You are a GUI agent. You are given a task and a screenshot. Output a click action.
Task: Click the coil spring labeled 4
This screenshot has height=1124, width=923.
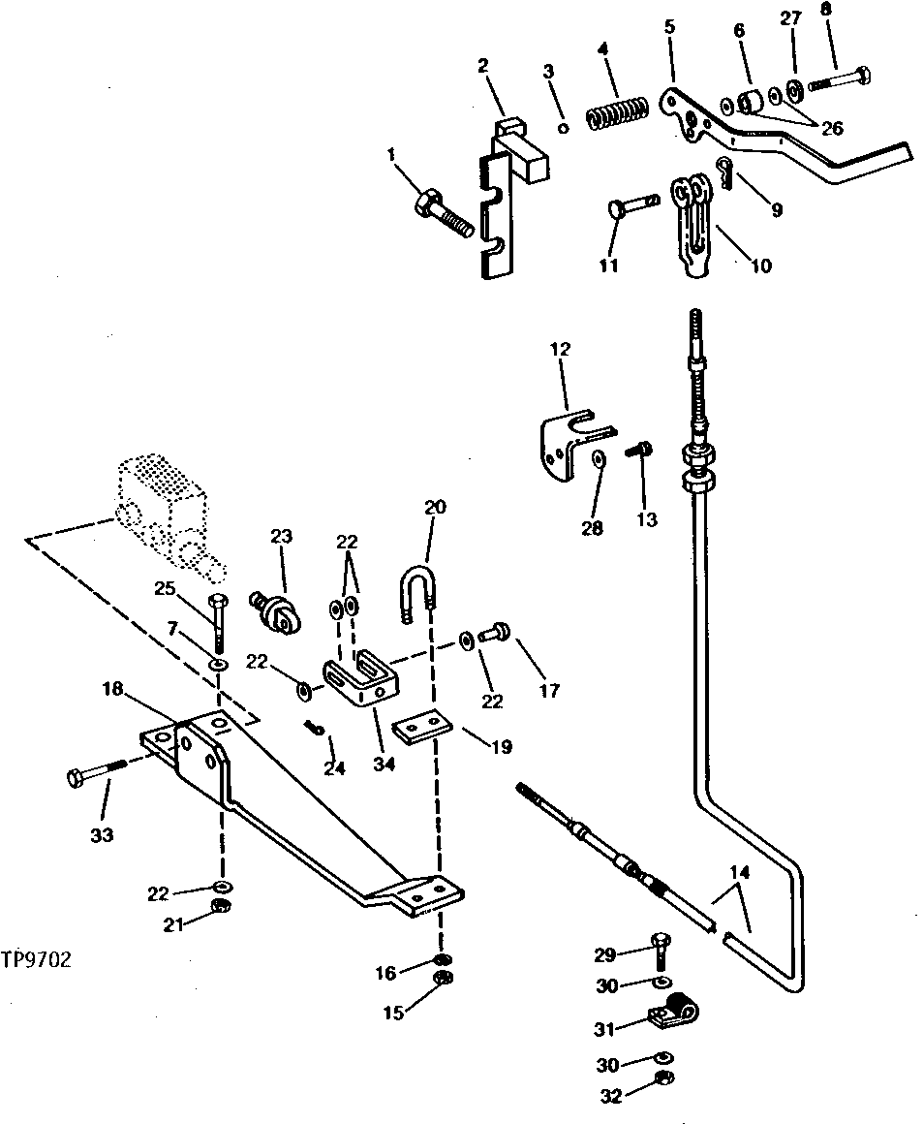(x=617, y=116)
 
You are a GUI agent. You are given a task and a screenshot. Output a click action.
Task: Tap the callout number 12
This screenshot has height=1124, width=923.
(x=562, y=348)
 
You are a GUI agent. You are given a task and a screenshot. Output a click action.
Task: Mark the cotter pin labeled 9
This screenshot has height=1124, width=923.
(x=724, y=172)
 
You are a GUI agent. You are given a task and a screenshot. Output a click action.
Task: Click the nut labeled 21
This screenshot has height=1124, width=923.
(x=221, y=905)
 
